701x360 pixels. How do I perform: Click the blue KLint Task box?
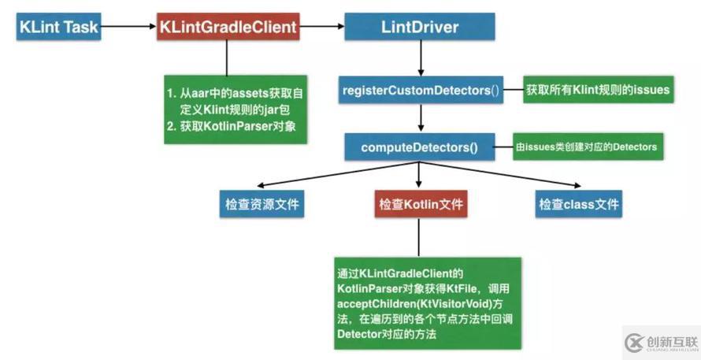coord(58,28)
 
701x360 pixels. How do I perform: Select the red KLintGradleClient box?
coord(228,28)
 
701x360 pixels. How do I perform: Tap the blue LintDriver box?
coord(418,28)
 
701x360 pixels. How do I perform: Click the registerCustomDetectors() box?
coord(421,90)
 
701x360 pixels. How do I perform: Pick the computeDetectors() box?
coord(420,147)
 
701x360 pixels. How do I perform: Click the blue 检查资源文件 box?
coord(260,205)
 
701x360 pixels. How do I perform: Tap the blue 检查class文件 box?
coord(579,205)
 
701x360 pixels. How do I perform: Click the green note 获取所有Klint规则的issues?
coord(598,90)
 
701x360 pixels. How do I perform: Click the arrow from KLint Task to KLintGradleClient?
coord(129,28)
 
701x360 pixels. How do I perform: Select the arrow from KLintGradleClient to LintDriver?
coord(321,28)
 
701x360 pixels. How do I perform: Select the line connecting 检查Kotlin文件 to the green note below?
coord(420,236)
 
